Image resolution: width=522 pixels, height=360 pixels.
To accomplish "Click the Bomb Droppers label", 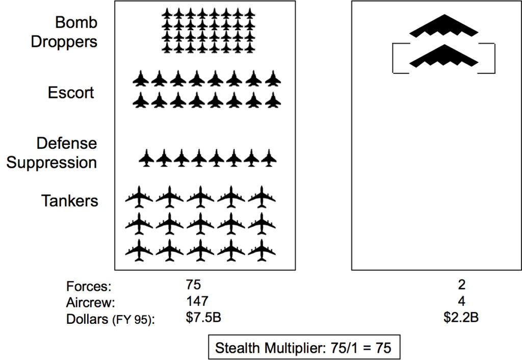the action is (64, 32).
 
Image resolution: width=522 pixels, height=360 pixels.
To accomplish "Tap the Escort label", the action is (71, 93).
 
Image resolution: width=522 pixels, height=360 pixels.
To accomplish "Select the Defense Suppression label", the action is (51, 153).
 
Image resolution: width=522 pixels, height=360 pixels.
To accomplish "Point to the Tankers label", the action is (69, 201).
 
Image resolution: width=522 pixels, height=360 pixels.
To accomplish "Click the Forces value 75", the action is (193, 285).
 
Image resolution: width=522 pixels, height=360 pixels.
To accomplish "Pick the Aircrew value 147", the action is (197, 301).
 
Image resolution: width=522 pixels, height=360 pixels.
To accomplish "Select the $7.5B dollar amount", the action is (203, 317).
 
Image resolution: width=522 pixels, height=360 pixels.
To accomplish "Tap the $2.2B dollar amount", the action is (461, 317).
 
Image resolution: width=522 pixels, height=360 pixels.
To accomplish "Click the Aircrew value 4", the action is (461, 301).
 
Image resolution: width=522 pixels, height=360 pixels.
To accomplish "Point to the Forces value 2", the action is (461, 285).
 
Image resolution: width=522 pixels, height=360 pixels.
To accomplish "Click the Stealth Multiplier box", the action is (304, 347).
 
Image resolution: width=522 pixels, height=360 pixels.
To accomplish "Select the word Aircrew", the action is (90, 303).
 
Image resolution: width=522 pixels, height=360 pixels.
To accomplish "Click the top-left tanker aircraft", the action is (139, 197).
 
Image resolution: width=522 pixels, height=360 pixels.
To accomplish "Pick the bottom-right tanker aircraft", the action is (262, 250).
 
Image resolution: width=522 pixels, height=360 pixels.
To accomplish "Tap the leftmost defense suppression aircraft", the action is (146, 158).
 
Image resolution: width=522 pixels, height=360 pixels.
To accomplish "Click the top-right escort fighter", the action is (273, 79).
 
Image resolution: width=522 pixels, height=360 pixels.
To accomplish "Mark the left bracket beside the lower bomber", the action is (393, 58).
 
